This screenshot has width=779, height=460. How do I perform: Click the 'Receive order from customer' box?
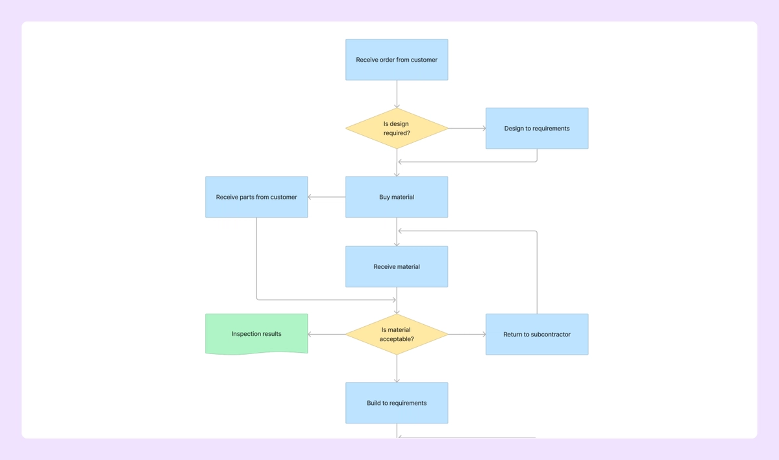[397, 60]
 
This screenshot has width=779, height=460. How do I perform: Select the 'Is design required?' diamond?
[397, 129]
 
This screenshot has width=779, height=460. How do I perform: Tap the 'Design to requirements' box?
[537, 129]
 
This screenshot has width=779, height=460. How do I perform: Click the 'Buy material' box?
[397, 197]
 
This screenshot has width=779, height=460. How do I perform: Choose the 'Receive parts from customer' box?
[256, 197]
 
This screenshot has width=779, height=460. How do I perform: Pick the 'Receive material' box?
[397, 266]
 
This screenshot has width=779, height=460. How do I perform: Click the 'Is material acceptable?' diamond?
[397, 335]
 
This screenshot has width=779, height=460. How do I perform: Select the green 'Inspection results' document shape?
[256, 334]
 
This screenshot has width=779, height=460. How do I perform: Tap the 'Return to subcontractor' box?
[537, 335]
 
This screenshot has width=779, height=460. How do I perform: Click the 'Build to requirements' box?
[397, 403]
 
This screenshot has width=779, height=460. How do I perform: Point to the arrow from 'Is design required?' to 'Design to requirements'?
[467, 129]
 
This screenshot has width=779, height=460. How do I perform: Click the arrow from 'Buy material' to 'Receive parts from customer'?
[327, 197]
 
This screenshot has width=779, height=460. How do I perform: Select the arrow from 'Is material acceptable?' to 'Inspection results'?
[327, 335]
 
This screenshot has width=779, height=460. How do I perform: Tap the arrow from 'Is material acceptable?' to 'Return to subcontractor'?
[467, 335]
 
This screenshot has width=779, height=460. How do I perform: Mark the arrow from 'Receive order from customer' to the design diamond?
[397, 94]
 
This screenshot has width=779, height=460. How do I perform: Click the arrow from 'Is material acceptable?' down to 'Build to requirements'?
[397, 368]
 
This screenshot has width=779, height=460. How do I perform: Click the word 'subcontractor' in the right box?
[549, 335]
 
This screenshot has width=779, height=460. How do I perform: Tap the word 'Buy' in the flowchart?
[385, 197]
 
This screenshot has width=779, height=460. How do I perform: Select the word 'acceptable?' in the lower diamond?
[397, 339]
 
